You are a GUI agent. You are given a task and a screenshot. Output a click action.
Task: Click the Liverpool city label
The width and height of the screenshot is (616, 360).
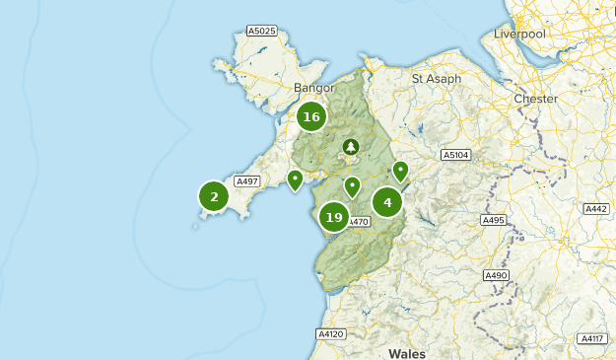[519, 35]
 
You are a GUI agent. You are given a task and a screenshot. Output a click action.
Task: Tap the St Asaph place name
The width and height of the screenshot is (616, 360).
[437, 78]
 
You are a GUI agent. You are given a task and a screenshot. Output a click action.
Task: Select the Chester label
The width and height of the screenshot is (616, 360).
[535, 99]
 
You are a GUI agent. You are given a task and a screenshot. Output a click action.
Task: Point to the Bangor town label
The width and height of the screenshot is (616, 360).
[315, 88]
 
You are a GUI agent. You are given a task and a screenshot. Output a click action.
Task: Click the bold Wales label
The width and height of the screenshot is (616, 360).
[407, 352]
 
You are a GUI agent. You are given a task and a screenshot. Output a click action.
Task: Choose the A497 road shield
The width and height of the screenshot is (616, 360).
[246, 181]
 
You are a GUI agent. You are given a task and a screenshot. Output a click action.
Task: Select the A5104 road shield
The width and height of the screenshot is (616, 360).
[456, 155]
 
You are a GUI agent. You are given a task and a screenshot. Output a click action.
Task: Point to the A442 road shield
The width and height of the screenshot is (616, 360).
[595, 208]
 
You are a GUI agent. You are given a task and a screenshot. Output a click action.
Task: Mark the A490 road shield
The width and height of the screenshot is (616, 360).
[496, 275]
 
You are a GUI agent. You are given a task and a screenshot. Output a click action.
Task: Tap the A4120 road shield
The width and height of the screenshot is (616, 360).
[331, 334]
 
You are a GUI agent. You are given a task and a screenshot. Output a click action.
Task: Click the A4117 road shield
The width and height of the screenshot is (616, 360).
[590, 338]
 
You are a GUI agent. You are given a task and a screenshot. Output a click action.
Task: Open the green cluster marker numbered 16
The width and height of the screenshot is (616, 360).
[311, 117]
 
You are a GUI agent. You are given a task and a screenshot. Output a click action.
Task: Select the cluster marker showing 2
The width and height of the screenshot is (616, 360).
[214, 197]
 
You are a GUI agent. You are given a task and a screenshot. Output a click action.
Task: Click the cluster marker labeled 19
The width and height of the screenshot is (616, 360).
[333, 217]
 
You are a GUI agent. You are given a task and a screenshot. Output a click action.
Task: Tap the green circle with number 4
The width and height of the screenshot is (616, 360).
[387, 202]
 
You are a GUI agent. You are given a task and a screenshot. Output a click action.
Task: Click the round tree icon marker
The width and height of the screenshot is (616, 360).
[350, 147]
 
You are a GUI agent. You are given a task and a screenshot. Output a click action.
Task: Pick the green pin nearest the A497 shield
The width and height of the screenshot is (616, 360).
[295, 180]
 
